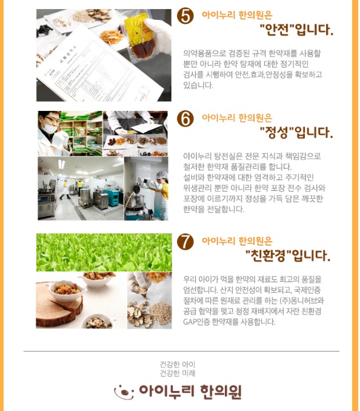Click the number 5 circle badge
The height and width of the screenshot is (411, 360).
[185, 16]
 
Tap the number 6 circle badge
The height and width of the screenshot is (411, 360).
[185, 118]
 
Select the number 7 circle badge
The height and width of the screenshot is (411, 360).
[185, 241]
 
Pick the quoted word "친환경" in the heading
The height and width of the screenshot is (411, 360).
[268, 255]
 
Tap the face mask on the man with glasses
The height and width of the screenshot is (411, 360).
[50, 128]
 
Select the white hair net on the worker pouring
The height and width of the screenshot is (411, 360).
[161, 174]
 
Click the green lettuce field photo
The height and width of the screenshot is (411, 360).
[104, 252]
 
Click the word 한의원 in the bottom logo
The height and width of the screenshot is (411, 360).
[221, 392]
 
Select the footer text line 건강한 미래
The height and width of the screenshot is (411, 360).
[178, 373]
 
